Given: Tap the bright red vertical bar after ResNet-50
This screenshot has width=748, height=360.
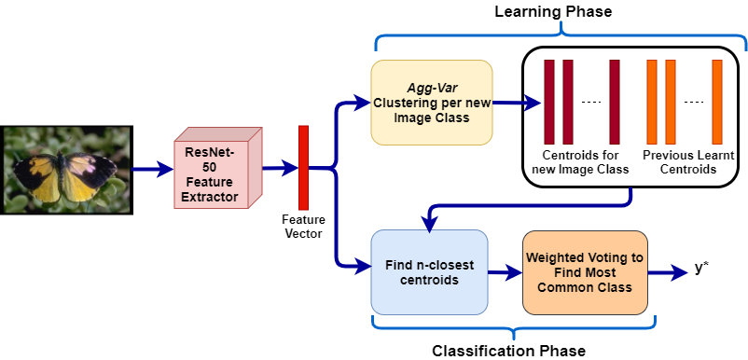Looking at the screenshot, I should coord(303,167).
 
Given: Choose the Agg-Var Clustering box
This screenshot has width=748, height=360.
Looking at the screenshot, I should coord(431,103).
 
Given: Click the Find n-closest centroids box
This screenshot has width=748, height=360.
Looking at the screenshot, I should coord(428,271).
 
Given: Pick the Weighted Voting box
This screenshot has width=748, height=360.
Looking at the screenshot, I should coord(584,272).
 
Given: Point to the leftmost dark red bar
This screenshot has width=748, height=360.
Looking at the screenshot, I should coord(549,102).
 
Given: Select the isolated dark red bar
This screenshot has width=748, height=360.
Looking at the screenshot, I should coord(615,102).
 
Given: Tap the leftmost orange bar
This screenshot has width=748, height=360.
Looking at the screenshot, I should coord(652,102).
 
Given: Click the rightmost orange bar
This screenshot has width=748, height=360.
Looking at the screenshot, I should coord(717,102).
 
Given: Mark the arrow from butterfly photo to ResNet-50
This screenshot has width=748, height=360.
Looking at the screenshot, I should coord(151,170).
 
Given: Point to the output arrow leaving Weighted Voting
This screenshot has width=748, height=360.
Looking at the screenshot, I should coord(668,273).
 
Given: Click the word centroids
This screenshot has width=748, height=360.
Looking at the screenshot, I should coord(429,280).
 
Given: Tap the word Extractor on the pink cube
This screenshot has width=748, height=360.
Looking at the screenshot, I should coord(211,198).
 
